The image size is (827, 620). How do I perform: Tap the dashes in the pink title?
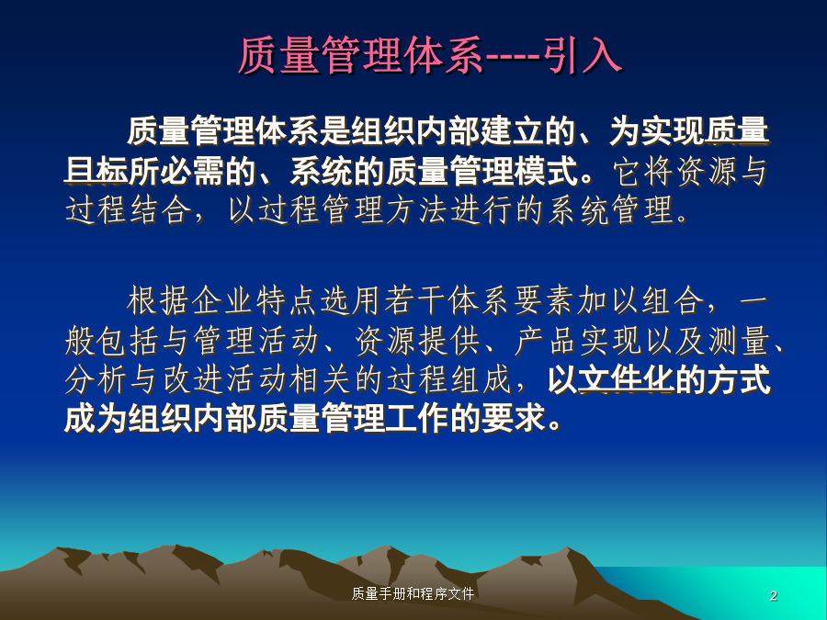(x=512, y=56)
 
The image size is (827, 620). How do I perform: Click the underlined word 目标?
(x=96, y=170)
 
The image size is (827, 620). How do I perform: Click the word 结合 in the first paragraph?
(x=160, y=209)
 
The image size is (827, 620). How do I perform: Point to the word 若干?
(x=415, y=301)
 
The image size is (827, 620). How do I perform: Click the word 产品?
(x=547, y=341)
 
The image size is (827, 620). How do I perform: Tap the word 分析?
(x=96, y=379)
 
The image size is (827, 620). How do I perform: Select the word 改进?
(x=192, y=379)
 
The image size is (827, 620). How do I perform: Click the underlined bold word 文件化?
(x=626, y=379)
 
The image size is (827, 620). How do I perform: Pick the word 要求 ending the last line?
(x=513, y=419)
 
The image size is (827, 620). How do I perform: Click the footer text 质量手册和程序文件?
(x=413, y=593)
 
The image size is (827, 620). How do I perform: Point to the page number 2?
(x=773, y=596)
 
